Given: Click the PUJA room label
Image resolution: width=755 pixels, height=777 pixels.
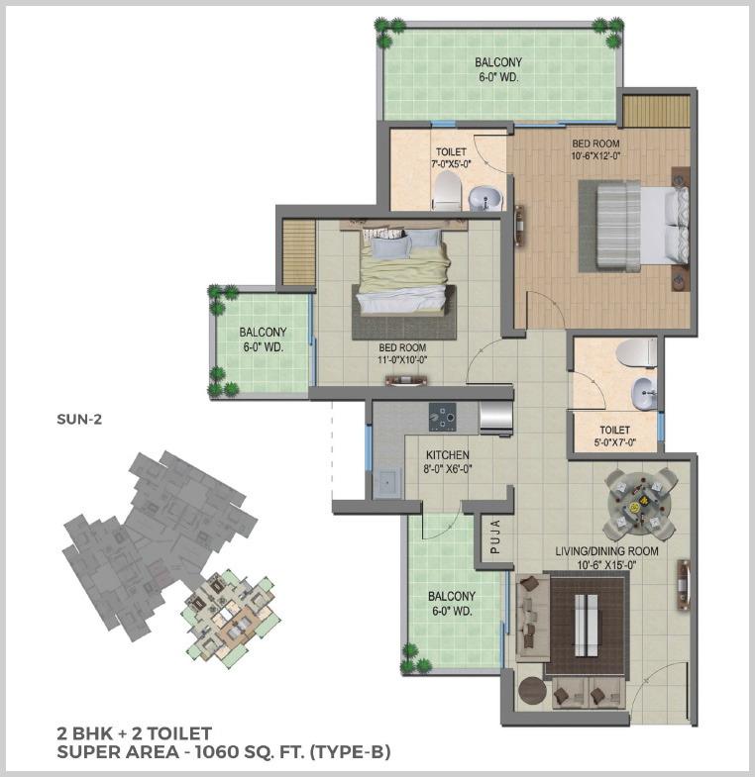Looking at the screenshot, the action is tap(495, 536).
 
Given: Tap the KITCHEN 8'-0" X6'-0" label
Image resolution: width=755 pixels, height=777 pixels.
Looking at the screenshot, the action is tap(448, 462).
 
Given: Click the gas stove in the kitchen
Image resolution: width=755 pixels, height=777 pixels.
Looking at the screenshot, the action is tap(443, 417).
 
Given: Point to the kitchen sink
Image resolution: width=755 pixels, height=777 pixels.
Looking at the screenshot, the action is tap(387, 482).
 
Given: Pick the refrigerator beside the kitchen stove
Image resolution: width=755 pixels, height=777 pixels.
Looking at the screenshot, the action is tap(495, 417).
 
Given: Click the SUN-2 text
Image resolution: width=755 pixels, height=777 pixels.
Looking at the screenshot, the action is tap(79, 420).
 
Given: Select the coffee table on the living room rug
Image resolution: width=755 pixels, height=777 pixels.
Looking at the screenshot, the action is tap(586, 625).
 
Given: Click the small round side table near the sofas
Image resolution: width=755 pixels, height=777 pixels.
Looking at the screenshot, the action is tap(532, 690).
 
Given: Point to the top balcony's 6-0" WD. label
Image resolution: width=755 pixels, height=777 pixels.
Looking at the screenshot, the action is tap(498, 77).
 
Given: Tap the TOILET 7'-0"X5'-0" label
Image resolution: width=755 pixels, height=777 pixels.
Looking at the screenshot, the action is tap(451, 157).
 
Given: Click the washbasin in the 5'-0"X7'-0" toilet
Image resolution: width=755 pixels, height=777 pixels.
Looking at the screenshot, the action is tap(643, 393).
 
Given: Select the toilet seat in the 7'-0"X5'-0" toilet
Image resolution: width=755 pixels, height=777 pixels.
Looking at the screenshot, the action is tap(447, 191).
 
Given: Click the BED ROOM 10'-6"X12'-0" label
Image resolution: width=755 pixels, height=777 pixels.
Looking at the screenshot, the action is tap(595, 149).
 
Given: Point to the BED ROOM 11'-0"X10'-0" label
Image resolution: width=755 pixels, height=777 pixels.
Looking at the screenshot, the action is tap(402, 353).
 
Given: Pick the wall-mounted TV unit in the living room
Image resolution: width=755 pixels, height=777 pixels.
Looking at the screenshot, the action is tap(684, 585).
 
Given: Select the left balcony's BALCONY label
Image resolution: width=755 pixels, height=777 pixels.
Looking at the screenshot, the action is tap(263, 332).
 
